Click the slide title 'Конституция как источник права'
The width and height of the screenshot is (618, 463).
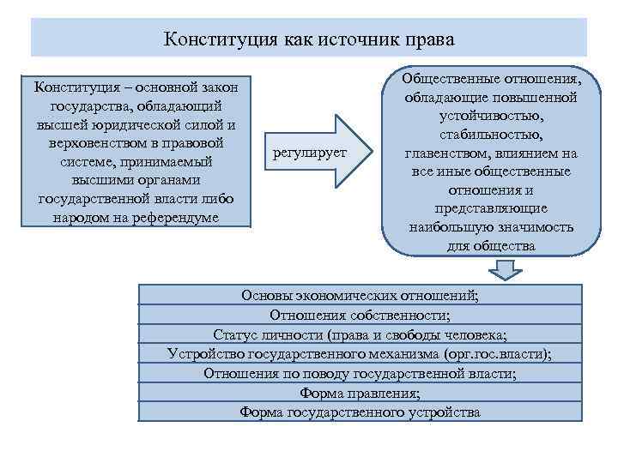pos(308,39)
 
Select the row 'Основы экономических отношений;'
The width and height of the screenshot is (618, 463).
pos(360,296)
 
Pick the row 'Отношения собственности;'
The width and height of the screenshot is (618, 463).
pos(360,316)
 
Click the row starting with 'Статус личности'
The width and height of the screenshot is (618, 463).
pos(360,334)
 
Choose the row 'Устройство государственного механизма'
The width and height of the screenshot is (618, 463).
pos(360,354)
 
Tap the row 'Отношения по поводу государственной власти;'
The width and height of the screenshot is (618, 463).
pos(360,374)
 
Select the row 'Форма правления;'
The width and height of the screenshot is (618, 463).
pos(360,393)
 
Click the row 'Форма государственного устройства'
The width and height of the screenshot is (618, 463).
pos(360,412)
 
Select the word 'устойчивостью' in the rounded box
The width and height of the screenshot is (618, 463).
pos(490,116)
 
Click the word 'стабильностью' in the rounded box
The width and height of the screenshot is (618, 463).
pos(490,135)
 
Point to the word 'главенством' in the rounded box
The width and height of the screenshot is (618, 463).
pos(450,153)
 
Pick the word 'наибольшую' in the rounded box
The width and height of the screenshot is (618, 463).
pos(452,227)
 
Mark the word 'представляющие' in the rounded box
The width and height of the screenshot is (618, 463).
pos(490,208)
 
